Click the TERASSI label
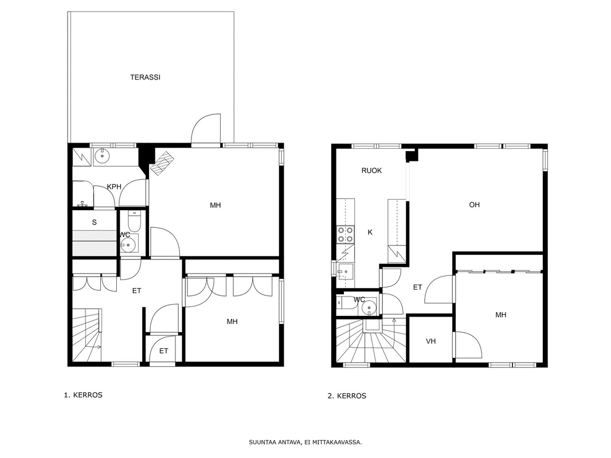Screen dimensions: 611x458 tap(145, 77)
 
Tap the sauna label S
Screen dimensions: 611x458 tap(95, 223)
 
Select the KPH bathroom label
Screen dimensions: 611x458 tap(114, 187)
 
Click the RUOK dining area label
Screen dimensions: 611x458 tap(371, 171)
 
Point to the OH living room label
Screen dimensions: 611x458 tap(474, 205)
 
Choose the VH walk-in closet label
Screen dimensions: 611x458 tap(430, 341)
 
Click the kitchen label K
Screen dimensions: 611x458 tap(370, 232)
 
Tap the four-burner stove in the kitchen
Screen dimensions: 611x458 tap(346, 235)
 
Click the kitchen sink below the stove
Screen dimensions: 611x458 tap(345, 272)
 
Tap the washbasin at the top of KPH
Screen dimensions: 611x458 tap(103, 156)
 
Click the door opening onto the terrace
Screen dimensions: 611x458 tap(206, 129)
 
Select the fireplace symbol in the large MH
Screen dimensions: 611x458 tap(162, 163)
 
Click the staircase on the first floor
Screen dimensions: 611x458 tap(87, 335)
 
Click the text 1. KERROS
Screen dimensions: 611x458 tap(83, 395)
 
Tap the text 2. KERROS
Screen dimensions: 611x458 tap(347, 396)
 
